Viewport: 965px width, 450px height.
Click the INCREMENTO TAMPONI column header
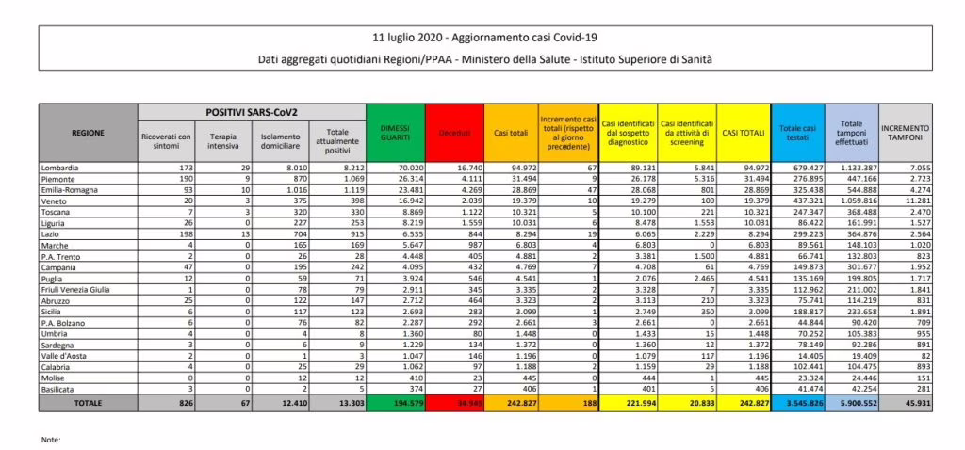905,132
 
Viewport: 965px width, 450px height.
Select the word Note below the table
51,439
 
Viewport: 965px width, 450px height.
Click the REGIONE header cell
87,132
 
